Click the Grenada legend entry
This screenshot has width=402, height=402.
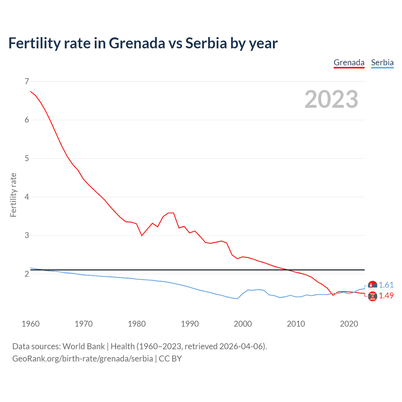point(349,62)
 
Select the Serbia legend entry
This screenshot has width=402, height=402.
point(382,62)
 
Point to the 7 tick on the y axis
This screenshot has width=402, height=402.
point(27,81)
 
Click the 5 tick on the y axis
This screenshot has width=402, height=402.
point(27,158)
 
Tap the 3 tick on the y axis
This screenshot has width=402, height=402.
point(27,235)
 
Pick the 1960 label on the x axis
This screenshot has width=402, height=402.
point(30,324)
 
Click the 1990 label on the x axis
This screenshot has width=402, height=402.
point(190,324)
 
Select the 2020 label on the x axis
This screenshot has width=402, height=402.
point(349,324)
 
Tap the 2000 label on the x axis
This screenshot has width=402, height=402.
point(243,324)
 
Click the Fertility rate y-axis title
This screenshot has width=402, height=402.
point(13,195)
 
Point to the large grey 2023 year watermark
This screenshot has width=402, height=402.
point(331,99)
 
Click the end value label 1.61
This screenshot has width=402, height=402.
point(386,285)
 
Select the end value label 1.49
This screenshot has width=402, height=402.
point(386,296)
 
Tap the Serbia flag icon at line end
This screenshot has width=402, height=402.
point(372,285)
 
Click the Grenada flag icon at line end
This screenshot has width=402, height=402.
point(372,296)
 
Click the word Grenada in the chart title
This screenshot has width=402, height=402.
point(137,43)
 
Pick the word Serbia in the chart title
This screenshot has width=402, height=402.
point(206,43)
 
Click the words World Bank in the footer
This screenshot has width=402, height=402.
point(84,346)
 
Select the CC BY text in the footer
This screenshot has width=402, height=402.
point(170,359)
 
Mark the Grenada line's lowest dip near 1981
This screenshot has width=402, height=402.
point(142,235)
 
